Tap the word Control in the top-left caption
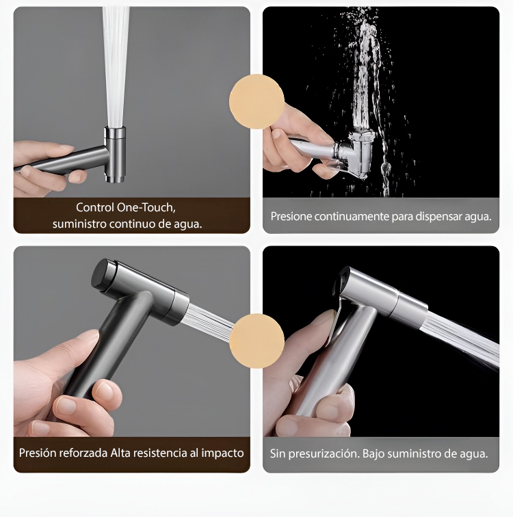[94, 207]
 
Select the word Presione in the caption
[291, 216]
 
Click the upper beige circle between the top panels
[256, 101]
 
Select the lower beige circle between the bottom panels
[256, 341]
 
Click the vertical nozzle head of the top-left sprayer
[115, 154]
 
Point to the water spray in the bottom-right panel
[462, 340]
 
